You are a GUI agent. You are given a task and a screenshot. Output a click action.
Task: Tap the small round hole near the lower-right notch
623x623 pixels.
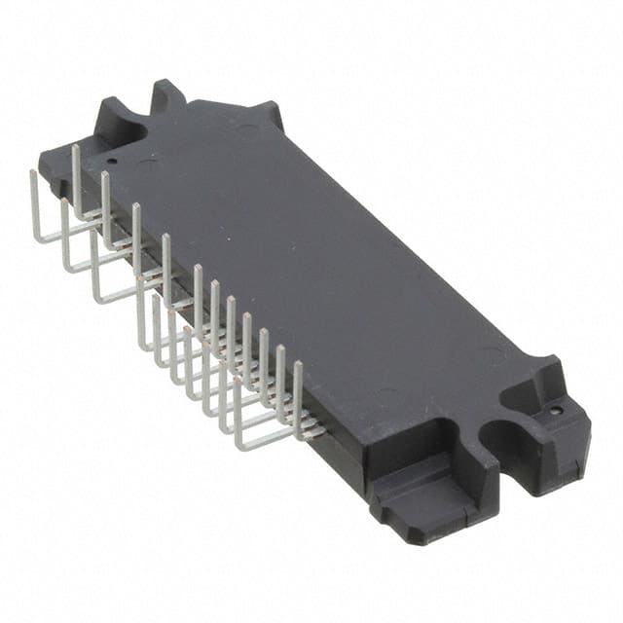click(x=555, y=411)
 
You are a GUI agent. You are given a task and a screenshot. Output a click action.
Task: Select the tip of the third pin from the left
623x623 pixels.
click(x=105, y=175)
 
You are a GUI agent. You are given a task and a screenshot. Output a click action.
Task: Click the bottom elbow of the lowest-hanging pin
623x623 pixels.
click(x=238, y=446)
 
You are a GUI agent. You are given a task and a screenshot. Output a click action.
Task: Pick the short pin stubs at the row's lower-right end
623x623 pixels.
click(x=311, y=428)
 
